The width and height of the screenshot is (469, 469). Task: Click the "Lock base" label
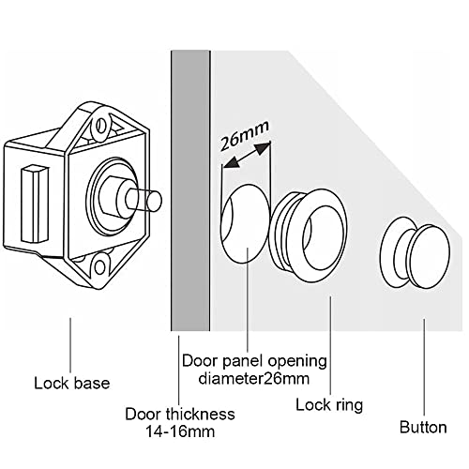pos(72,384)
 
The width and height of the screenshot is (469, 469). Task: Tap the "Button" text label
pos(423,428)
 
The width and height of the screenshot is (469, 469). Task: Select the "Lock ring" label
pos(329,405)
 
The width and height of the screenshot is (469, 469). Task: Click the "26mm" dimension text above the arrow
pos(243,135)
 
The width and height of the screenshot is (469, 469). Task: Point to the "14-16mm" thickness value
pos(180,432)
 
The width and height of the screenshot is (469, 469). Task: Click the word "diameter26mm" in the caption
pos(254,379)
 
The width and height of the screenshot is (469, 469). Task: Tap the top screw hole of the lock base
pos(100,126)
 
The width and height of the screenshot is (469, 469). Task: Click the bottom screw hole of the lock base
pos(100,268)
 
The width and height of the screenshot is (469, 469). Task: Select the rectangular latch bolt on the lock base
pos(35,204)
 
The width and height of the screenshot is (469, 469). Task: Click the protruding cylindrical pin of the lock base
pos(144,200)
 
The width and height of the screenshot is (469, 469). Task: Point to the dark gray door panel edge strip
pos(190,190)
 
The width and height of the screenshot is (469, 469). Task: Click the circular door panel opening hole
pos(245,223)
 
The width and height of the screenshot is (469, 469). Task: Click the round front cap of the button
pos(430,256)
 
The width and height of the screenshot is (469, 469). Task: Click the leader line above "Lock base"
pos(70,345)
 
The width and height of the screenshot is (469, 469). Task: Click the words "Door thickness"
pos(180,415)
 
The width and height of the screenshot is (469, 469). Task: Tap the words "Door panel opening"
pos(254,361)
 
